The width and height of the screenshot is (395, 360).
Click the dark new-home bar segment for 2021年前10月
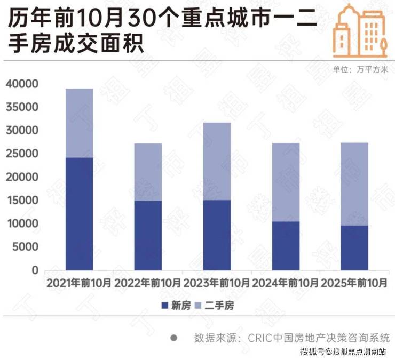(x=79, y=213)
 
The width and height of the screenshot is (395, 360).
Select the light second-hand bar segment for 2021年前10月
(x=79, y=123)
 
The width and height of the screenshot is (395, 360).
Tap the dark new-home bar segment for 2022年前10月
(x=148, y=235)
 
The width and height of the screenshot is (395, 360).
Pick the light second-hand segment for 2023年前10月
(x=217, y=161)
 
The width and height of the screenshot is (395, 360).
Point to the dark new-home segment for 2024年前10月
(x=286, y=245)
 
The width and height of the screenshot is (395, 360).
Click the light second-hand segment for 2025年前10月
(x=354, y=184)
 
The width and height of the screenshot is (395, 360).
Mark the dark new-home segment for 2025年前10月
(x=354, y=247)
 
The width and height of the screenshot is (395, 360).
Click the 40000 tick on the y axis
(x=22, y=84)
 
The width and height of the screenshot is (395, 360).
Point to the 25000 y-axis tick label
(x=22, y=154)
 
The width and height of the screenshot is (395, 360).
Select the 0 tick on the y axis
(x=35, y=270)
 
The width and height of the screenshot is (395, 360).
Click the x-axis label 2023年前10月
(x=217, y=283)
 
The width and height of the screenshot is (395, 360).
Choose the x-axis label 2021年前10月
(x=79, y=283)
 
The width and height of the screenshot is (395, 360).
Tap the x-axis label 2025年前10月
(x=354, y=283)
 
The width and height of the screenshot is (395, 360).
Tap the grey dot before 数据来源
(x=173, y=338)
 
